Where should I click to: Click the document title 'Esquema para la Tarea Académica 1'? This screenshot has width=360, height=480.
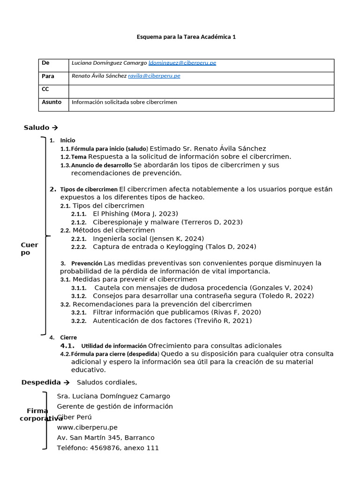click(186, 37)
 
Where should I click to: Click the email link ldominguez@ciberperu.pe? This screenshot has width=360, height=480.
click(182, 63)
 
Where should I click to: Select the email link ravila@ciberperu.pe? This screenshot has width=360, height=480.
click(154, 76)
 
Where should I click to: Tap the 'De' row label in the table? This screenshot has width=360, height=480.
click(45, 63)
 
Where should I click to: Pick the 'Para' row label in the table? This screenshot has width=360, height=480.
click(48, 76)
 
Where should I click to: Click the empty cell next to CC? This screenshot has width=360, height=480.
click(201, 89)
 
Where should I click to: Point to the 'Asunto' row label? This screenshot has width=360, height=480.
click(52, 102)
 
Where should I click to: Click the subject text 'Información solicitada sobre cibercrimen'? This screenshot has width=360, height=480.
click(124, 102)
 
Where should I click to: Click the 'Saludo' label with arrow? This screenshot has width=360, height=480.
click(41, 127)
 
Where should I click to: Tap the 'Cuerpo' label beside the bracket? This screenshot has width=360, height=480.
click(29, 249)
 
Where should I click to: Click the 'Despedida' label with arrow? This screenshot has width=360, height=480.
click(45, 382)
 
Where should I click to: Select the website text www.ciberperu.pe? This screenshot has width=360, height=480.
click(87, 427)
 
